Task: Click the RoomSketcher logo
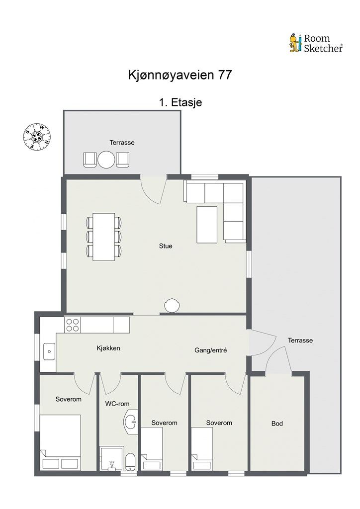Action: [x=316, y=43]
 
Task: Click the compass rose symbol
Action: [x=37, y=137]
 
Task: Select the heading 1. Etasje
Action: [x=180, y=102]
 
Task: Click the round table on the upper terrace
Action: [x=106, y=160]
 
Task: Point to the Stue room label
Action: [x=166, y=246]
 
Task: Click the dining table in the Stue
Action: [x=103, y=237]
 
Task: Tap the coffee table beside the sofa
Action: [x=207, y=225]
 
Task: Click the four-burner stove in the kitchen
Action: [x=73, y=325]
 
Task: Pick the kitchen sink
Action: [x=49, y=351]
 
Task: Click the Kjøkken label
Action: [x=108, y=348]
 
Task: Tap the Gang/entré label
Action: [x=211, y=350]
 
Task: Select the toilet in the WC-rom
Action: [x=130, y=461]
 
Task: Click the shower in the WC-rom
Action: [x=112, y=458]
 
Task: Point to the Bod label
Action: [x=277, y=424]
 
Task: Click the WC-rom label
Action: [x=117, y=404]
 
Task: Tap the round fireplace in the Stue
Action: [x=172, y=306]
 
